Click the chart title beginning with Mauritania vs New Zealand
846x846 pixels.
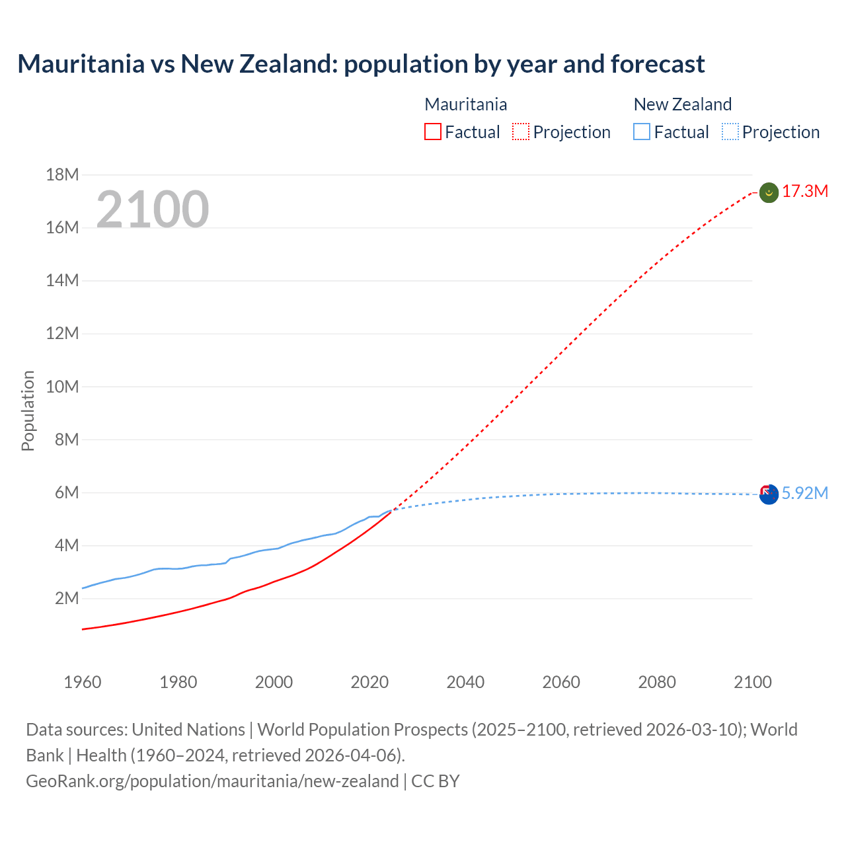361,64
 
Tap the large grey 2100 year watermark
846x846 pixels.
153,210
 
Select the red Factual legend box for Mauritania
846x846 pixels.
433,132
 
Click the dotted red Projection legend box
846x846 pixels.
521,132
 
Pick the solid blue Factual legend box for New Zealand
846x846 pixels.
642,132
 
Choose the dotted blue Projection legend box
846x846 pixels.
730,132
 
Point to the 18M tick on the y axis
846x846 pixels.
62,174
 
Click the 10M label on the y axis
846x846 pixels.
62,387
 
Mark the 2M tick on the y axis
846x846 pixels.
66,599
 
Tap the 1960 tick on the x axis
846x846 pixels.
83,682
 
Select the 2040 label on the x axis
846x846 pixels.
465,682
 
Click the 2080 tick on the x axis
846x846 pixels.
657,682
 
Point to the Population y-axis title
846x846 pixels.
28,410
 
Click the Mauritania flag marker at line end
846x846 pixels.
769,193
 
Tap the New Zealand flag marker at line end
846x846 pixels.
769,494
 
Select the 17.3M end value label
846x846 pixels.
805,192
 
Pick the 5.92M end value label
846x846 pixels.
805,494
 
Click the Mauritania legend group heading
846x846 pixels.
466,104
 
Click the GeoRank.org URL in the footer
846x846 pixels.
212,781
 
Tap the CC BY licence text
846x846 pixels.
436,781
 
